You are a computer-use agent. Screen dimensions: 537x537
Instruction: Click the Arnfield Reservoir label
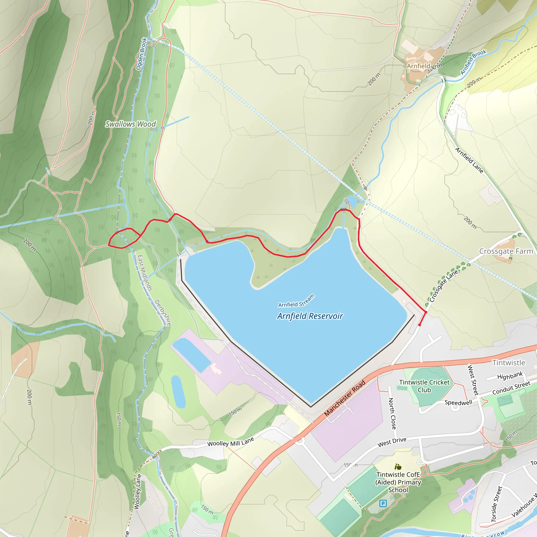[310, 316]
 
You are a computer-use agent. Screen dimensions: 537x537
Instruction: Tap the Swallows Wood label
[130, 124]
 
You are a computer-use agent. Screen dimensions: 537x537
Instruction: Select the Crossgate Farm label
[506, 251]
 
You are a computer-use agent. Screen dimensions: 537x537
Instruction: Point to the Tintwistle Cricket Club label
[424, 386]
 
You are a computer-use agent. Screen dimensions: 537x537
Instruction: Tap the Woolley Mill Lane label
[231, 441]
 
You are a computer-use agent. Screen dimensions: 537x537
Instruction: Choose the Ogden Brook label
[141, 54]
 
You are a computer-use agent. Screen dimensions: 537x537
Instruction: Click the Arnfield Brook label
[473, 62]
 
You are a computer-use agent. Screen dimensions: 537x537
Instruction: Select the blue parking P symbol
[383, 503]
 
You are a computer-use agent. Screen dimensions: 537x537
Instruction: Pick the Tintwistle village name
[509, 363]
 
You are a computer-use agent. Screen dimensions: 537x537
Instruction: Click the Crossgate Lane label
[444, 286]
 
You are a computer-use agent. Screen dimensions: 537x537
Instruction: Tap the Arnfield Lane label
[469, 160]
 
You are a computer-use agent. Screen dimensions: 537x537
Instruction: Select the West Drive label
[392, 442]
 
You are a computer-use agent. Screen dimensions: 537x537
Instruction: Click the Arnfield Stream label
[296, 301]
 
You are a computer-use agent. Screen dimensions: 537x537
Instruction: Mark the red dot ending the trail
[420, 325]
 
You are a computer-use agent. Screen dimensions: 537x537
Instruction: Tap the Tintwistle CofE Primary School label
[398, 482]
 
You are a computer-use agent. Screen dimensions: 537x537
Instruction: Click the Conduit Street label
[511, 388]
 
